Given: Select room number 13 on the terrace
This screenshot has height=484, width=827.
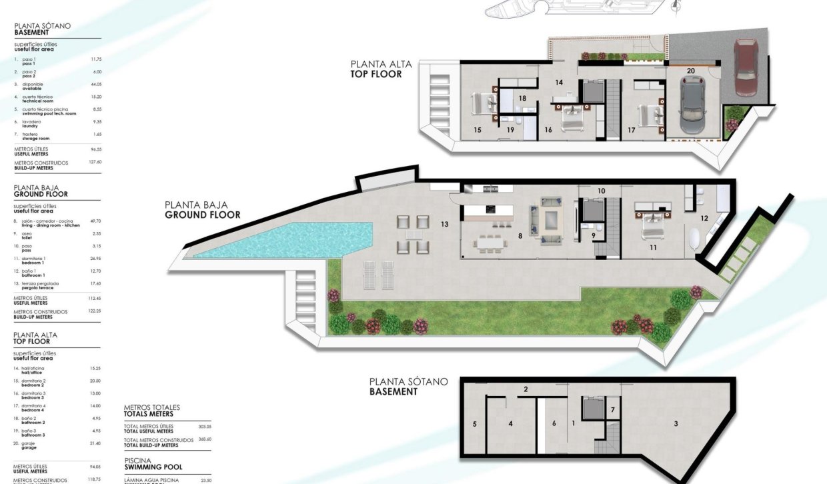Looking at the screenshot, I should click(x=444, y=225).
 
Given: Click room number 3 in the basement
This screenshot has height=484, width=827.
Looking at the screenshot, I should click(x=676, y=423).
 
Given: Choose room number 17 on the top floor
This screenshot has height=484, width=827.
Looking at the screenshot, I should click(x=631, y=130).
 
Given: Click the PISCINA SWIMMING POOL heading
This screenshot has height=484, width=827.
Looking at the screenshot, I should click(x=153, y=463).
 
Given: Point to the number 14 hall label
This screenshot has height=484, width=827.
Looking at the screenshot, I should click(x=559, y=83).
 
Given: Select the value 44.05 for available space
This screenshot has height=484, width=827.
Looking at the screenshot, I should click(x=96, y=85).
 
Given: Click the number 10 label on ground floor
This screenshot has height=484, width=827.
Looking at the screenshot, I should click(x=601, y=191).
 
